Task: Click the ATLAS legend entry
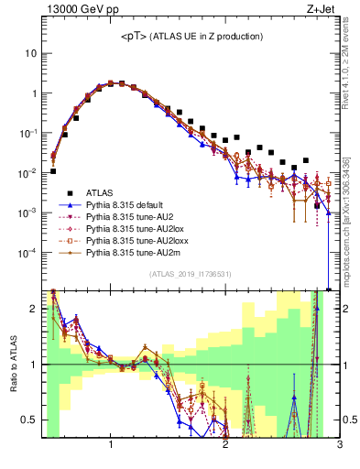click(x=100, y=192)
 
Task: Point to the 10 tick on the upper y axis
click(x=31, y=53)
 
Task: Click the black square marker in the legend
click(x=64, y=192)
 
